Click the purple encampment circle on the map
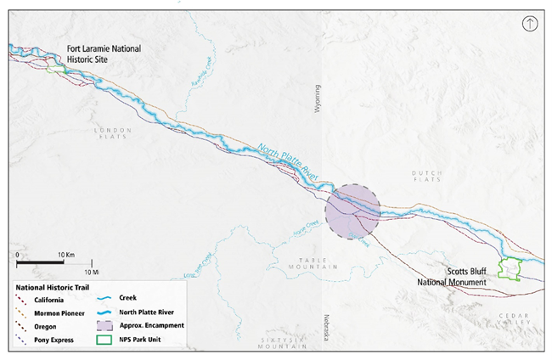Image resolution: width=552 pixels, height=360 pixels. tap(352, 211)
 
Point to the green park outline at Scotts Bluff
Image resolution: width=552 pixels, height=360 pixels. tap(510, 269)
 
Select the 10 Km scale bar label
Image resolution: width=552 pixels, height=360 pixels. tap(67, 254)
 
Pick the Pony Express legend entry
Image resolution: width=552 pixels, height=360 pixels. tap(51, 340)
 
